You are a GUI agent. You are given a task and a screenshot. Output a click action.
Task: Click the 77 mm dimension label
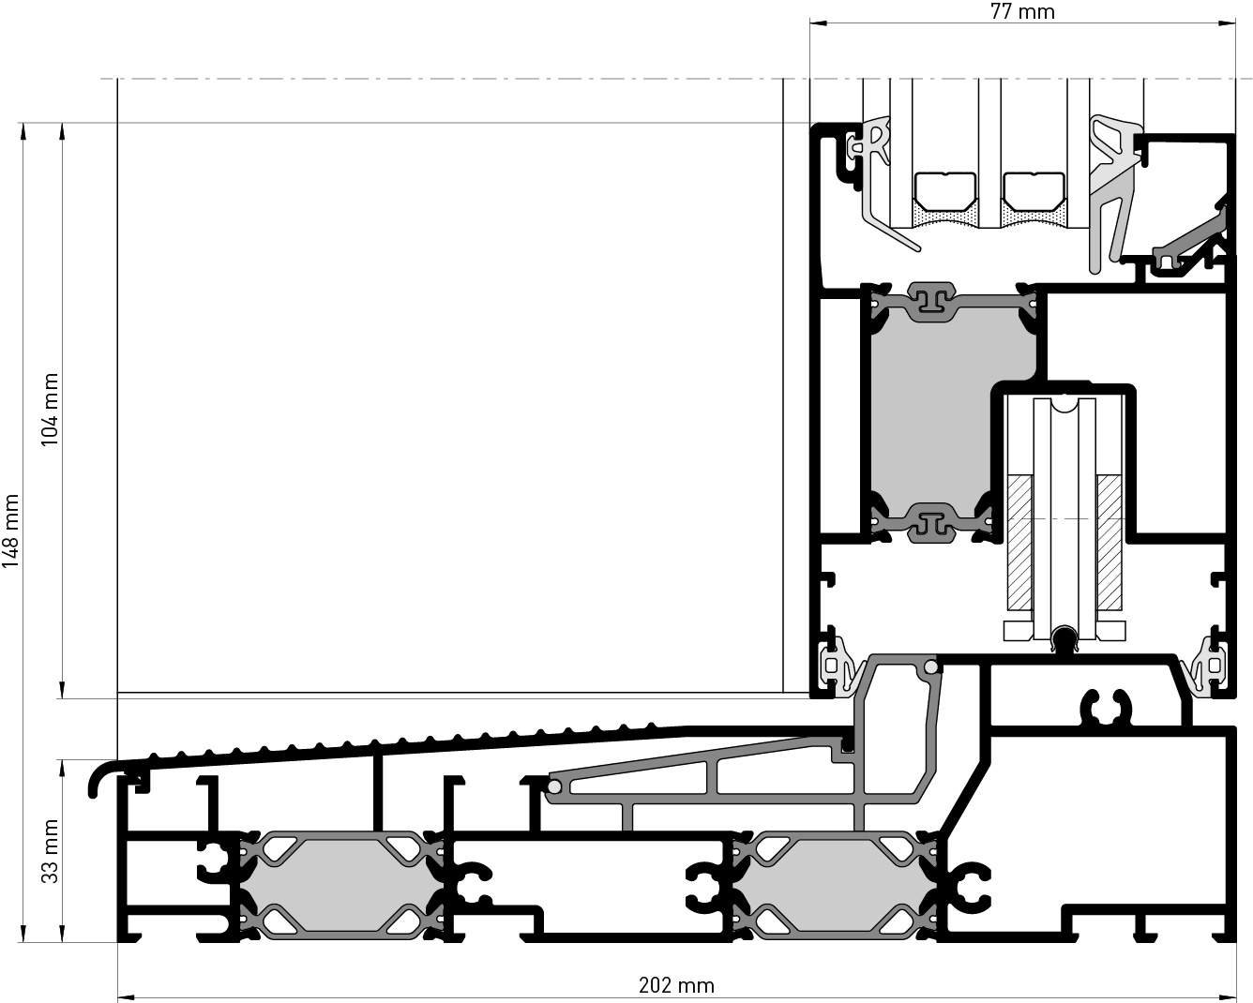click(1022, 11)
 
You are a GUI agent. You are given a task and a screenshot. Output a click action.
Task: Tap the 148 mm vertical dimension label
click(10, 531)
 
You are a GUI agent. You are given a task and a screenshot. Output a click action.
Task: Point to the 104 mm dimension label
click(50, 410)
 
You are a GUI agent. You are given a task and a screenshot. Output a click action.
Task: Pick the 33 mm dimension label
click(50, 851)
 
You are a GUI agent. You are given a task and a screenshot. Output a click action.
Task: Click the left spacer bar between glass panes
click(945, 191)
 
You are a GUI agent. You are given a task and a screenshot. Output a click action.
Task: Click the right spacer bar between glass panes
click(1034, 191)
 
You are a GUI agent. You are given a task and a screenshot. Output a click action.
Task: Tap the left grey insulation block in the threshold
click(341, 885)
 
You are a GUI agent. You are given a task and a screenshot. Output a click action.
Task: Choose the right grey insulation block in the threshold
click(834, 885)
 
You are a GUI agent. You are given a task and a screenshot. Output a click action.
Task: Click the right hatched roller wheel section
click(1110, 543)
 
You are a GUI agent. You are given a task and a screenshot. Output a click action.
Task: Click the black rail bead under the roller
click(1064, 638)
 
